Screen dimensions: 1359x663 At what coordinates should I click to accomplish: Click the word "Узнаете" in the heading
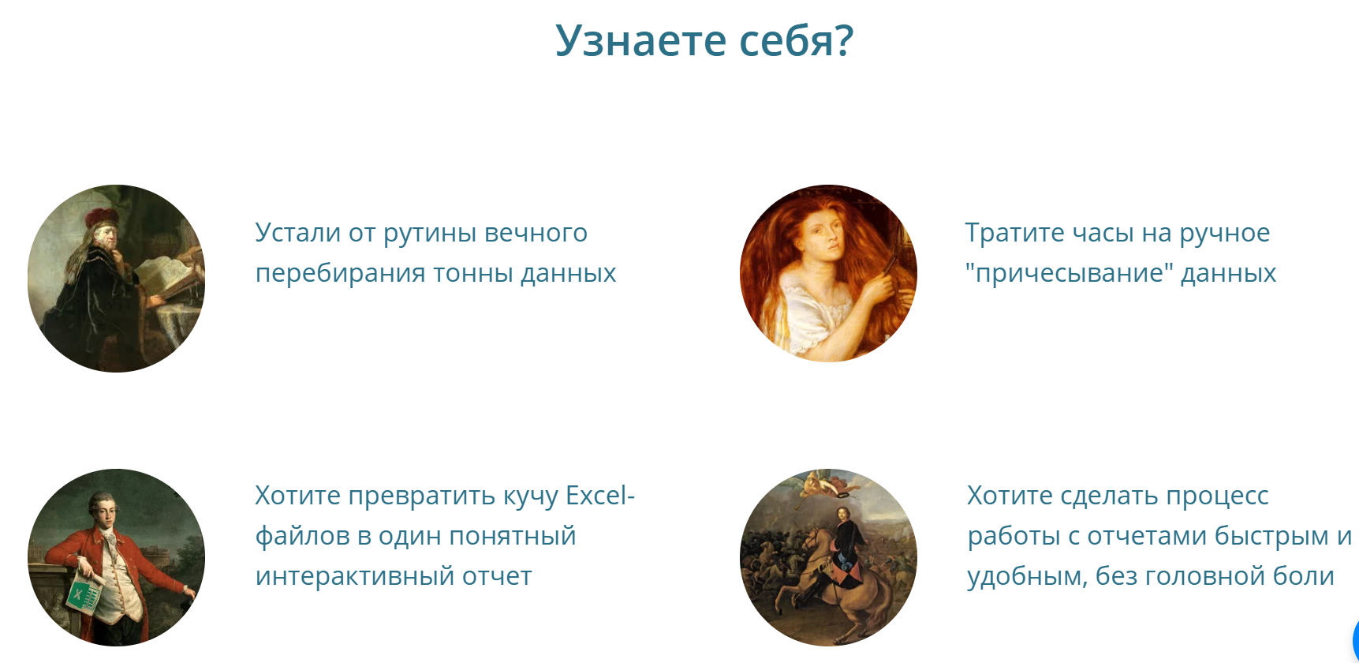[x=640, y=40]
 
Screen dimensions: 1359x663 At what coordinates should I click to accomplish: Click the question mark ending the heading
[x=844, y=40]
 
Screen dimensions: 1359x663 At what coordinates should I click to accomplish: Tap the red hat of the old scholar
[x=101, y=216]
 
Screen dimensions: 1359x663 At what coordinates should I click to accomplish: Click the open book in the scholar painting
[x=164, y=273]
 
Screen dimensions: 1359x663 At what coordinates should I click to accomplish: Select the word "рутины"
[x=430, y=234]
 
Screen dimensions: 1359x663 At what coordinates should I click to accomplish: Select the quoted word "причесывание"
[x=1069, y=273]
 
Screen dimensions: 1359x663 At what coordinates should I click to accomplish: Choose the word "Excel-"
[x=600, y=496]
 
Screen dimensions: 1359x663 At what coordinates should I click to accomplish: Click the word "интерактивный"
[x=354, y=576]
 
